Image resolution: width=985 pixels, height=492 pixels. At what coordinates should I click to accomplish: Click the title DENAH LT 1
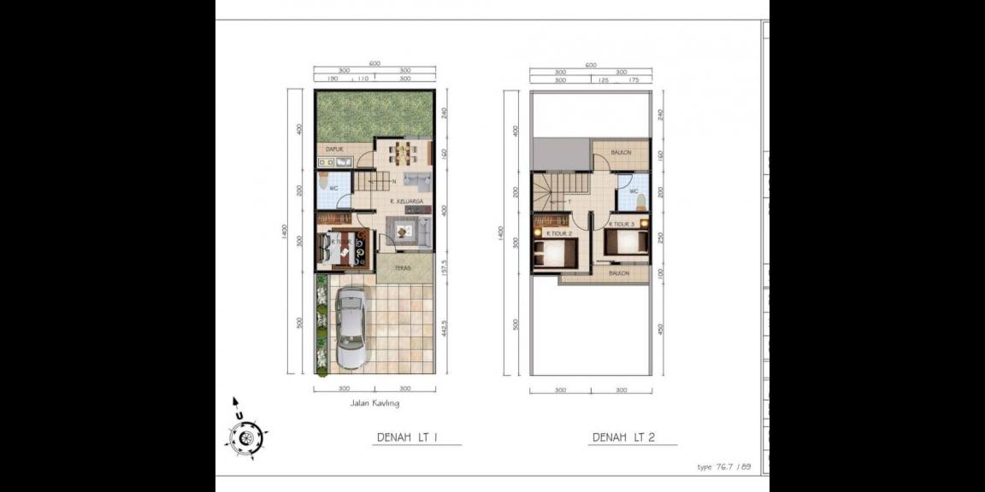tap(408, 437)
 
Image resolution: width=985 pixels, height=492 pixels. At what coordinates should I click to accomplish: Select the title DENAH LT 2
tap(623, 437)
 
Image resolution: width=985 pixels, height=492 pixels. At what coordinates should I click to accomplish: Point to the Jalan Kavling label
tap(375, 403)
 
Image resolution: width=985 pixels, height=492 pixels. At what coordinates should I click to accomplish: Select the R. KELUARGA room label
tap(407, 202)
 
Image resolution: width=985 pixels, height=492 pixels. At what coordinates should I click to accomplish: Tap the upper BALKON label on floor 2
tap(621, 153)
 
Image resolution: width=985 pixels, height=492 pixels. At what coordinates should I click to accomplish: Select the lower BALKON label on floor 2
tap(619, 273)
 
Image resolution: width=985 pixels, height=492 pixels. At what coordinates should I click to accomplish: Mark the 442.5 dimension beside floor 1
tap(445, 325)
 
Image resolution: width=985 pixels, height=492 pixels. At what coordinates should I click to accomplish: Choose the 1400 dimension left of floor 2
tap(501, 232)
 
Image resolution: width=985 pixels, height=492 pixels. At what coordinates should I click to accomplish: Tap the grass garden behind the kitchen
tap(374, 115)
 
